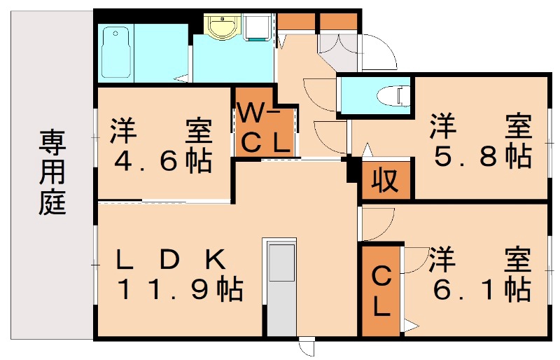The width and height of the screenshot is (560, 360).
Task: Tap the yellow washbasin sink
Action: click(223, 29)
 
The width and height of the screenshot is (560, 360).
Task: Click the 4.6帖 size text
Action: click(163, 162)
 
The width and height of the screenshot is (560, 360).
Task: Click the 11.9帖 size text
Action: click(178, 289)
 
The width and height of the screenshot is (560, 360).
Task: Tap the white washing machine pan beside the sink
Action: click(257, 28)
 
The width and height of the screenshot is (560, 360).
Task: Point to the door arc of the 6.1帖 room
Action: click(417, 261)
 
